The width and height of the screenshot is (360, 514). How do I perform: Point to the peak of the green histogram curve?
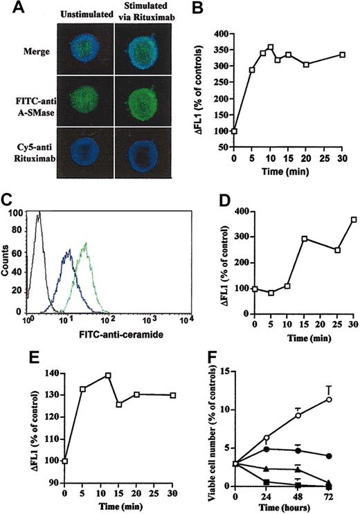point(86,244)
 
